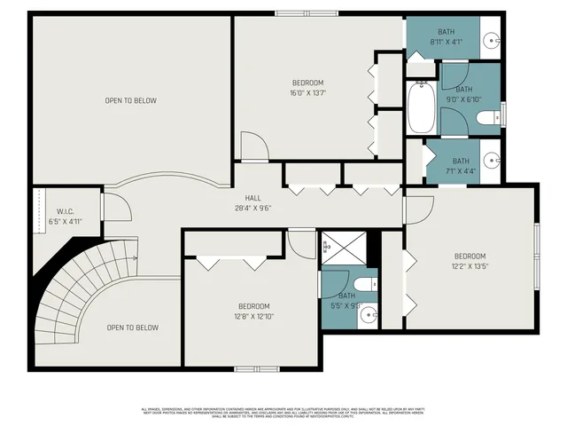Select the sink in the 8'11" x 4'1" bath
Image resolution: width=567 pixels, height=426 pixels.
[493, 41]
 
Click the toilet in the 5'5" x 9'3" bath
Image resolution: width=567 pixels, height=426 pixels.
[370, 284]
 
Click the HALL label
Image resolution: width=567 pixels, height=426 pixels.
[252, 199]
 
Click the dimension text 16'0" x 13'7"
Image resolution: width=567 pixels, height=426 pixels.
[307, 93]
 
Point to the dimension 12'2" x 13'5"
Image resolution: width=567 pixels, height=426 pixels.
[470, 265]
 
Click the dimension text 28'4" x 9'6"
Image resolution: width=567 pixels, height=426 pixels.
[252, 209]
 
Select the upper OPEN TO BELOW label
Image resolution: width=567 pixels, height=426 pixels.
[130, 100]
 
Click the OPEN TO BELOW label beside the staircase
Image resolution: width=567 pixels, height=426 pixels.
[133, 327]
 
